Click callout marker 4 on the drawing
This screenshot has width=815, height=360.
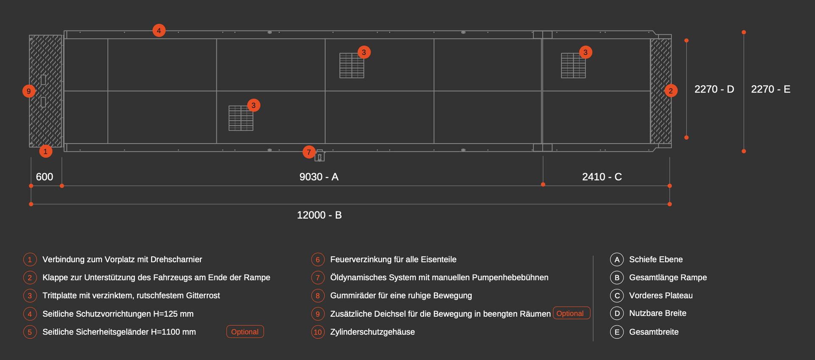159,31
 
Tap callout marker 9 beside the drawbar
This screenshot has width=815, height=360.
29,91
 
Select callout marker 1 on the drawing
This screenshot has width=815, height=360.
46,151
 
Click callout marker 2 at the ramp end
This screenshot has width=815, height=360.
671,90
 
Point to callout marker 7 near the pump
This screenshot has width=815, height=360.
309,152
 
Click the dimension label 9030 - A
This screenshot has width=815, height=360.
319,177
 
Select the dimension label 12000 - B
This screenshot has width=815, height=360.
319,215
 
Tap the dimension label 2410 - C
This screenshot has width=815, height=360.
602,177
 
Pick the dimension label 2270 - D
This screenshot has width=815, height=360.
714,89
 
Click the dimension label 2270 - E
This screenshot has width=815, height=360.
770,89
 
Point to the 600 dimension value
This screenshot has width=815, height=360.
45,177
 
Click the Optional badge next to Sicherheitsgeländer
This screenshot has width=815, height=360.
245,332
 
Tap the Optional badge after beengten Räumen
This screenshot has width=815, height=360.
571,313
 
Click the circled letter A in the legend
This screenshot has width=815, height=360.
617,259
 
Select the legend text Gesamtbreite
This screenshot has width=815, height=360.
654,332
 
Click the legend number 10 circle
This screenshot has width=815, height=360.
318,332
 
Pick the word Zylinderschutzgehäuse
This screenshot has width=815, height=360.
372,332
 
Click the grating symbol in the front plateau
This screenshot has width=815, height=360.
573,65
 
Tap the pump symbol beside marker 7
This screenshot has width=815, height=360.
320,156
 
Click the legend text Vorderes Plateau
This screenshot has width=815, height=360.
661,295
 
